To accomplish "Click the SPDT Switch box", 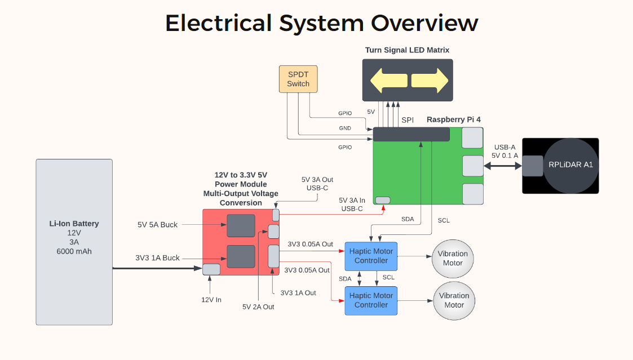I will (x=298, y=79).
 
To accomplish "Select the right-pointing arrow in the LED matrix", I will (x=429, y=81).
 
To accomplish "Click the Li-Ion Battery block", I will (x=74, y=242).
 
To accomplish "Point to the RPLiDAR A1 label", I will (x=570, y=165).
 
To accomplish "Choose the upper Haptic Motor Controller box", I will (x=371, y=256).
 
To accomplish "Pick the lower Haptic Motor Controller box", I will (x=371, y=300).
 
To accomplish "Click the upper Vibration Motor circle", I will (x=453, y=258).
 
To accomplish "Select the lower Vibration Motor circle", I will (x=454, y=300).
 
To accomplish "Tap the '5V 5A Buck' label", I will (x=157, y=225).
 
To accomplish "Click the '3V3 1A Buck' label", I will (x=157, y=258).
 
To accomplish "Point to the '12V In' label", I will (x=211, y=300).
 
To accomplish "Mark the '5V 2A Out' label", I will (x=258, y=307).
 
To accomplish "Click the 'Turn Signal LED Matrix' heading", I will (x=407, y=50).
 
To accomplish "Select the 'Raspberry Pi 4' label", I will (x=453, y=119).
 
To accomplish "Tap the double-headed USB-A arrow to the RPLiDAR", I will (x=503, y=166).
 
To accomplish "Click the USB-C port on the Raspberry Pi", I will (x=383, y=200).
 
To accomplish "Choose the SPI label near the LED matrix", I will (x=408, y=120).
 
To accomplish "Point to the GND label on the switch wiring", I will (x=345, y=128).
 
